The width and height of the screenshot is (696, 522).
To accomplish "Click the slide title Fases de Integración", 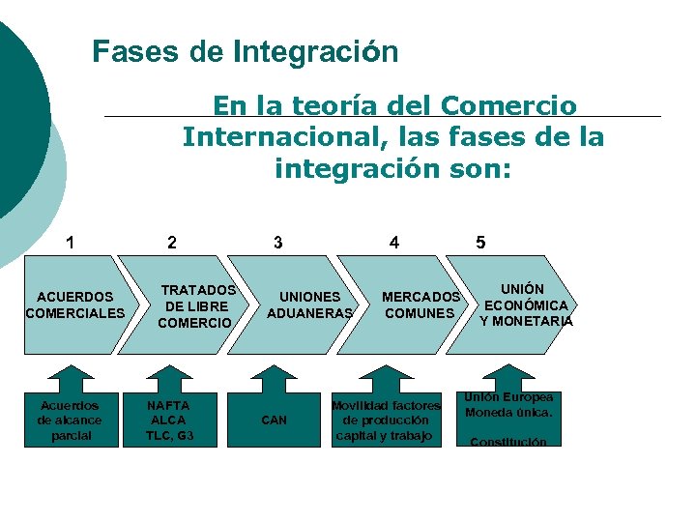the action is (245, 51).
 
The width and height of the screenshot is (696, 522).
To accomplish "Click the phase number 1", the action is (69, 242).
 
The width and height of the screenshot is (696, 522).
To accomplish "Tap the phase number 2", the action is (171, 242).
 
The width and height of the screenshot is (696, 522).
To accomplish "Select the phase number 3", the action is (278, 242).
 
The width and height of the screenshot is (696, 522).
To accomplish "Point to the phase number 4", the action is (393, 242).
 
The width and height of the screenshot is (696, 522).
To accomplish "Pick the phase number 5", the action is (480, 242).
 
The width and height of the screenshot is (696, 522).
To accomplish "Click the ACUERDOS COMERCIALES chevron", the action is (74, 304).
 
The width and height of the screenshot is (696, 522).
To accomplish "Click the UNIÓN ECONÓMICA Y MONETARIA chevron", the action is (526, 304).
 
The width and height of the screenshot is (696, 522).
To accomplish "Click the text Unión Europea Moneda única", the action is (508, 404).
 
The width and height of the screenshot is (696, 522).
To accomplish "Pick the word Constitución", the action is (508, 442).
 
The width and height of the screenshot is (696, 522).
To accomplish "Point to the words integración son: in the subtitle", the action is (392, 170).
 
